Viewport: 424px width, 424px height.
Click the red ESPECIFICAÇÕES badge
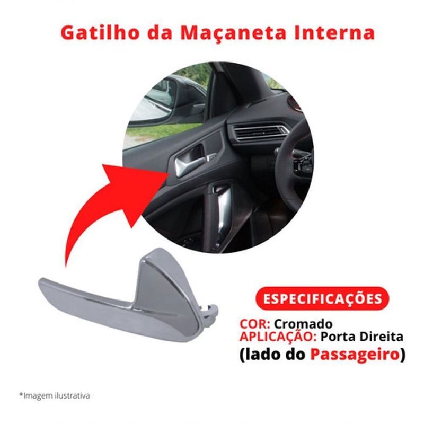[x=322, y=298]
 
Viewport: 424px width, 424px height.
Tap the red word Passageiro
[x=362, y=354]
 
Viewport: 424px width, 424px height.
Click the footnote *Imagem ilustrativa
[x=54, y=395]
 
